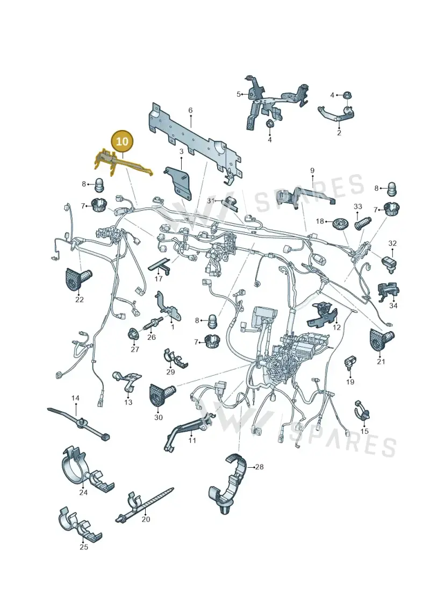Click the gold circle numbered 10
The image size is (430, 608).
122,141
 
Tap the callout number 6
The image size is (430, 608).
190,111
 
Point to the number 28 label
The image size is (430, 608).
259,467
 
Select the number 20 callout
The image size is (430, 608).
146,519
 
